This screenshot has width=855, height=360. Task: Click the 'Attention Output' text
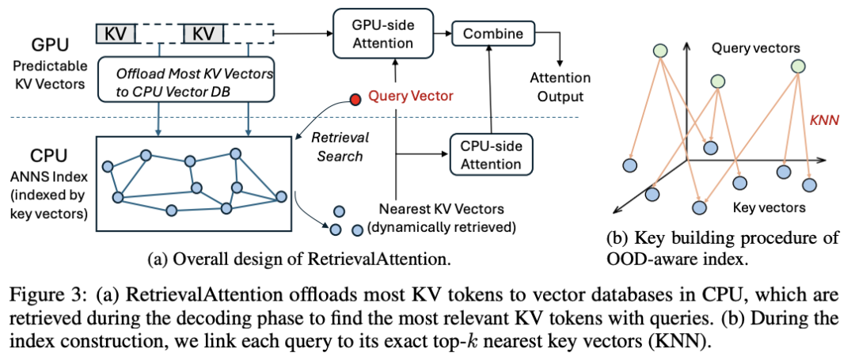[560, 88]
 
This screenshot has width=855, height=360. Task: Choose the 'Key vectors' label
[769, 208]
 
